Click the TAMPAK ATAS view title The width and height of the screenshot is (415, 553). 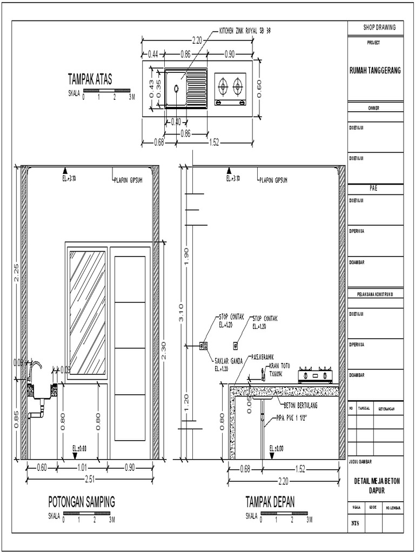coord(90,79)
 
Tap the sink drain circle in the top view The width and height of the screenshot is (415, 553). coord(177,88)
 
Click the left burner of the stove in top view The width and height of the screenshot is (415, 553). coord(222,85)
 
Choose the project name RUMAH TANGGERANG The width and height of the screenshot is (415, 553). coord(374,71)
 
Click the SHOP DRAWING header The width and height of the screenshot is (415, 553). coord(374,28)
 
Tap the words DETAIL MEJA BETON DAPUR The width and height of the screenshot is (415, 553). coord(375,485)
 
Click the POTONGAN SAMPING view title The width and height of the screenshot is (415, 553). coord(82,502)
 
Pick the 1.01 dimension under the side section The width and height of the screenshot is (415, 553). coord(82,467)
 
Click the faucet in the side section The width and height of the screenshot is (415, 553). coord(34,371)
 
